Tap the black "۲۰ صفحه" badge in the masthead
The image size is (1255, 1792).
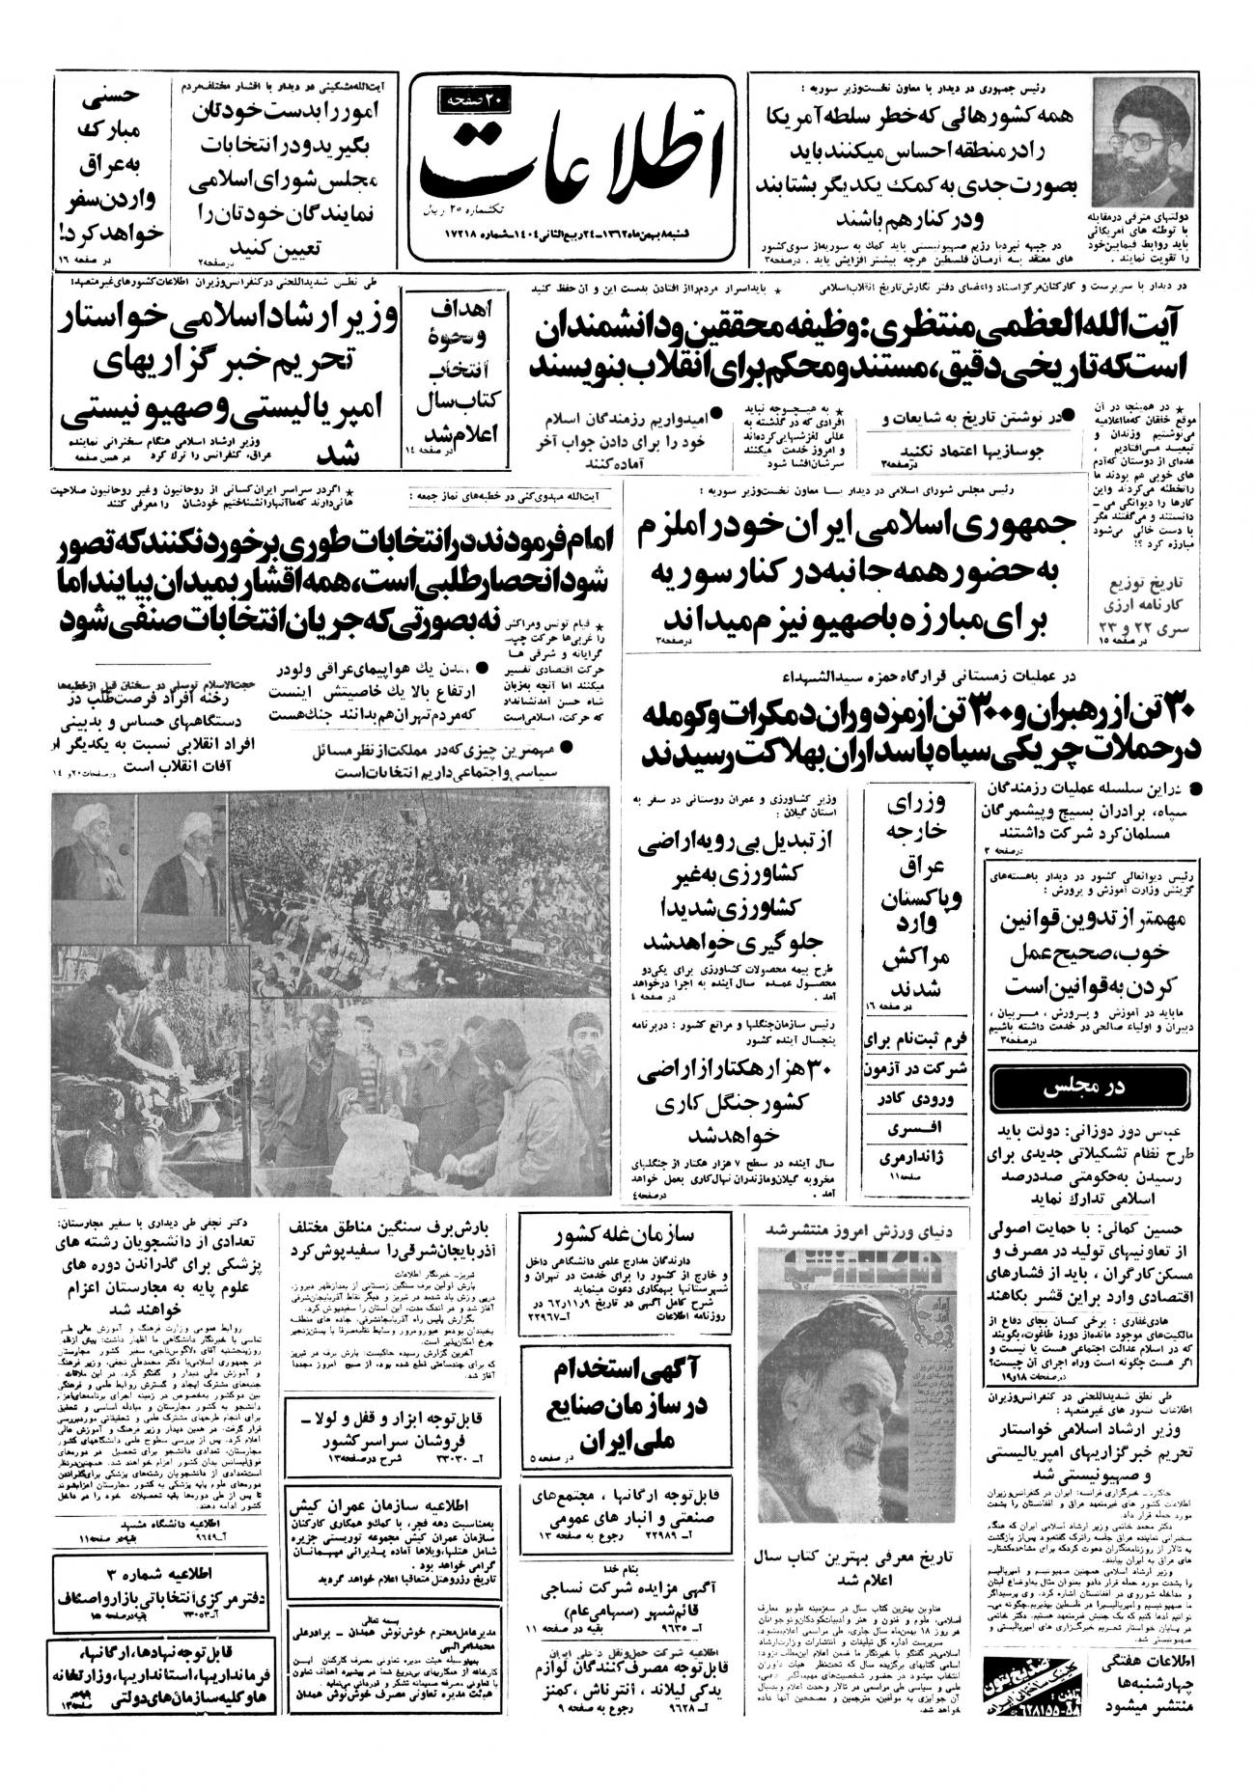(x=477, y=99)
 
